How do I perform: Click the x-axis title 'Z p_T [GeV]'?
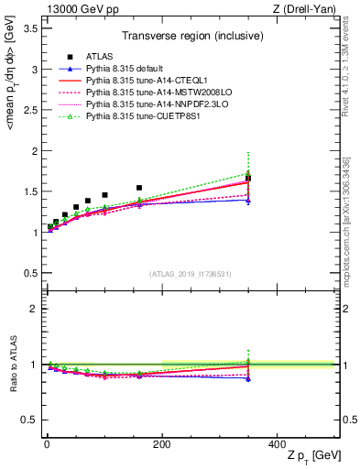pos(311,456)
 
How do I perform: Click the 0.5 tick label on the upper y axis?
pos(30,273)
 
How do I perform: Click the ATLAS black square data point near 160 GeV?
pos(139,188)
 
